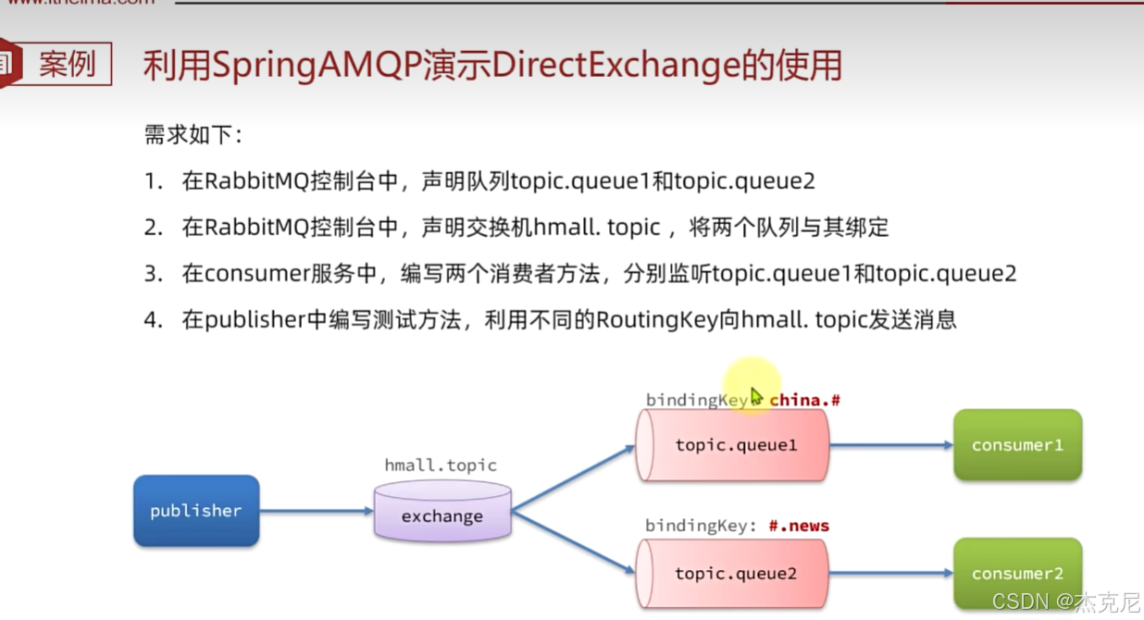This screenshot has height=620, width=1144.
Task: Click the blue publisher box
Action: click(x=195, y=510)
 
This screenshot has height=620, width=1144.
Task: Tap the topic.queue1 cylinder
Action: click(x=735, y=445)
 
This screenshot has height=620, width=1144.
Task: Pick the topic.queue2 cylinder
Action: click(x=735, y=574)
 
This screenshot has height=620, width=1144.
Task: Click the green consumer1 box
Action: click(x=1017, y=445)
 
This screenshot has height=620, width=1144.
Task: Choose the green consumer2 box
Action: click(x=1017, y=573)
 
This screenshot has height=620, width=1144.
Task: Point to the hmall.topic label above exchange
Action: click(x=441, y=465)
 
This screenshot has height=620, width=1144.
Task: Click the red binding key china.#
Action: click(x=804, y=400)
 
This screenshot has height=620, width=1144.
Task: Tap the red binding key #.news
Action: click(x=799, y=526)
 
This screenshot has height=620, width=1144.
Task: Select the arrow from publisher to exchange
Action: click(x=316, y=510)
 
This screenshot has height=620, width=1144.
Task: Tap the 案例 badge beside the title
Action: click(x=67, y=65)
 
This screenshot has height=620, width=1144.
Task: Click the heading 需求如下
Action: click(x=193, y=135)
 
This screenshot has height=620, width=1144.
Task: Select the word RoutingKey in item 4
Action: click(x=657, y=320)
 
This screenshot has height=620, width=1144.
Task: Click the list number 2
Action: click(x=153, y=228)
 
